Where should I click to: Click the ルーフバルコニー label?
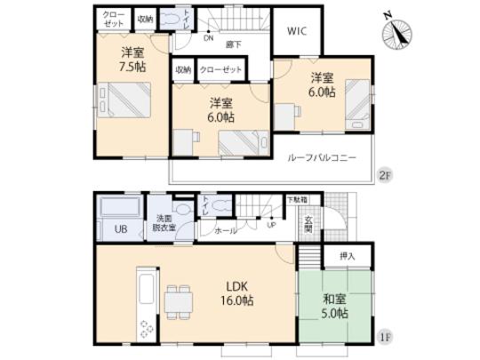(x=322, y=156)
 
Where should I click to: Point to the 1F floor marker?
(x=384, y=340)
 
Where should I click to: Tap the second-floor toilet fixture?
(x=186, y=21)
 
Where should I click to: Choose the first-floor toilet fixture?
(x=183, y=209)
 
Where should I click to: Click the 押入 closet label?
(x=348, y=256)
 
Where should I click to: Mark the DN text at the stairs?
(x=208, y=38)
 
